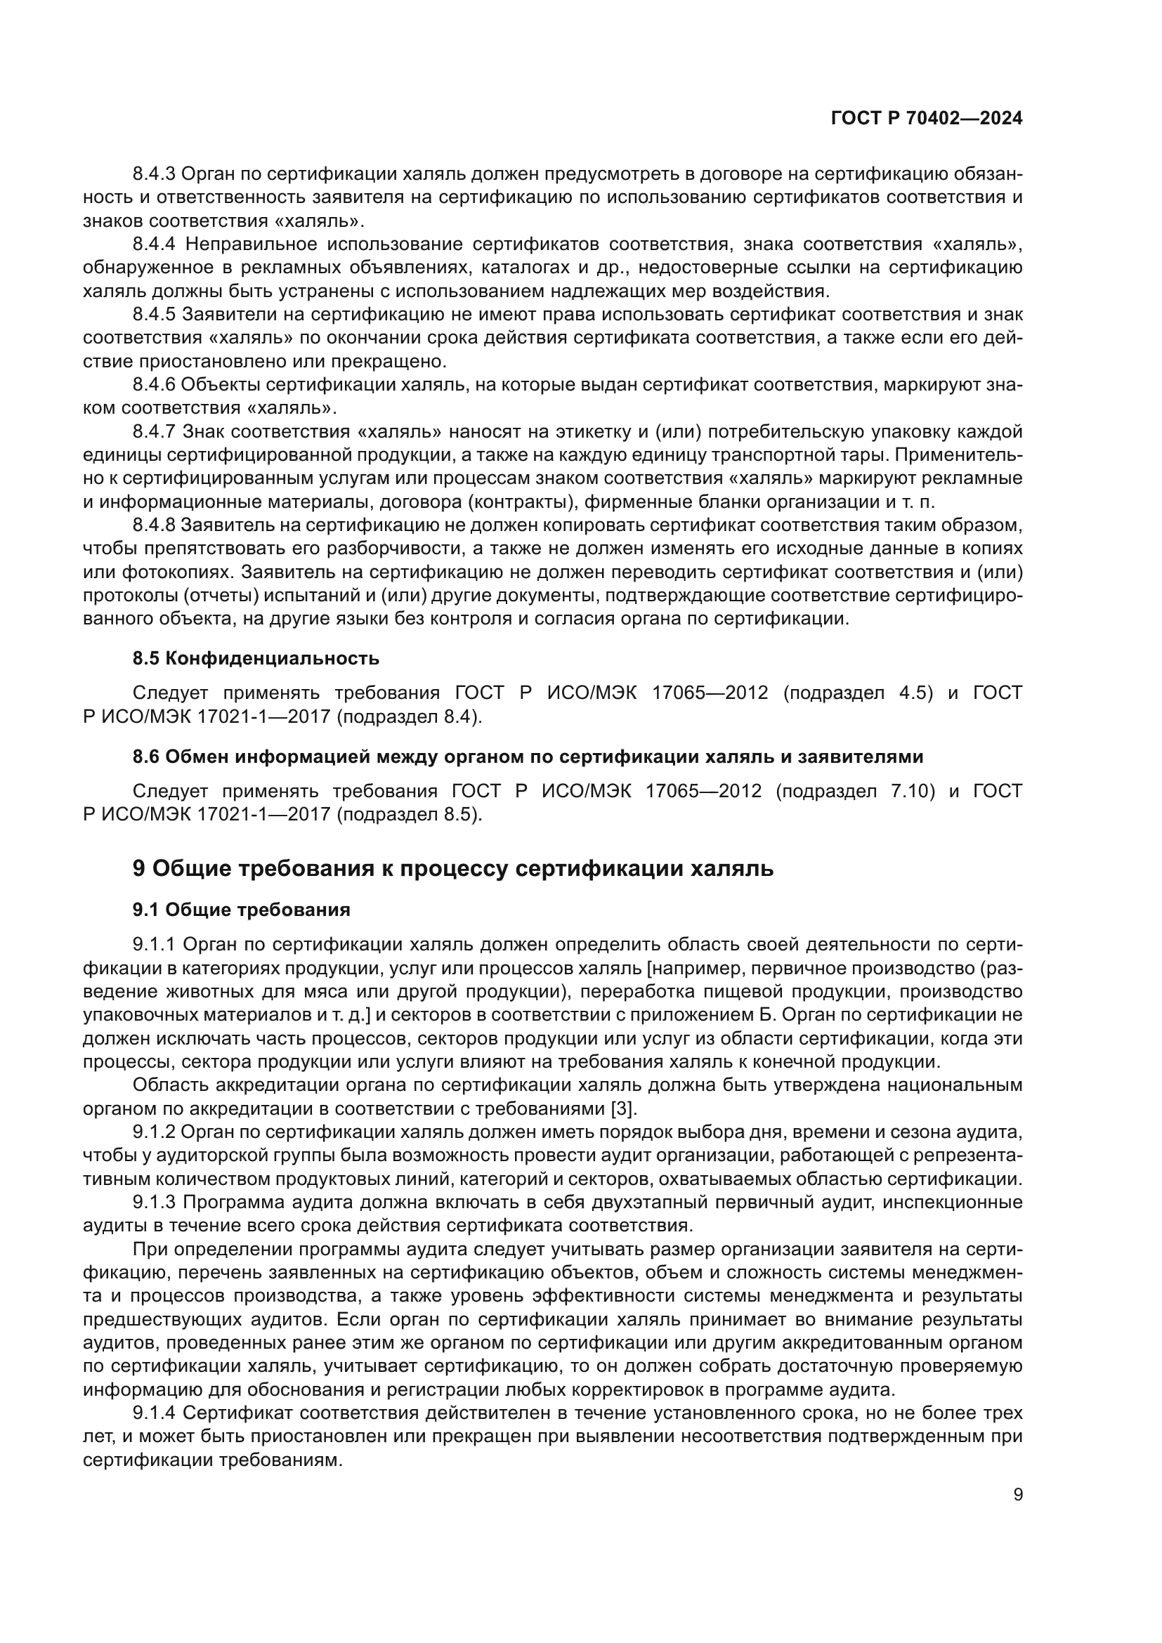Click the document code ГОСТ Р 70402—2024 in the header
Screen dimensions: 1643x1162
(x=926, y=119)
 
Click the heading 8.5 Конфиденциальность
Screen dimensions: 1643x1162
(x=256, y=658)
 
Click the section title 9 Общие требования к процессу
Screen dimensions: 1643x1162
(x=453, y=869)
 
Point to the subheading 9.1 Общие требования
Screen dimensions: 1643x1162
(x=241, y=910)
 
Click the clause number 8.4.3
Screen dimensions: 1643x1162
(x=154, y=174)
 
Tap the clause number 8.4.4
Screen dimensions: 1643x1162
(x=154, y=244)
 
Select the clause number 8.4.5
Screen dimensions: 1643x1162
(x=154, y=314)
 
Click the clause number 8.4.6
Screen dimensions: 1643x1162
(x=154, y=384)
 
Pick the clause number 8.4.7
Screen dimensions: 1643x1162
(x=154, y=431)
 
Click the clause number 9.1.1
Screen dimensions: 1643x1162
(x=154, y=945)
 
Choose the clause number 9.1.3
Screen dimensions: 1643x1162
(x=154, y=1202)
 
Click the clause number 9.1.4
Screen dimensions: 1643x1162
(x=154, y=1413)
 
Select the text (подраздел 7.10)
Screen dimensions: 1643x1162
(x=855, y=791)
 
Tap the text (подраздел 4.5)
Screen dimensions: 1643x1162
(x=858, y=693)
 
